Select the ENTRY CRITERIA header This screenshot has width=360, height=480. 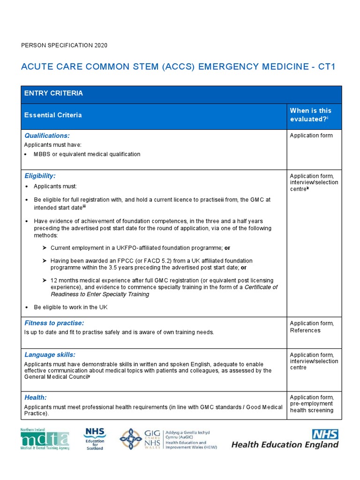[53, 93]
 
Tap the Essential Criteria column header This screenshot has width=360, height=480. [53, 115]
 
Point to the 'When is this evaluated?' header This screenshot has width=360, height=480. [310, 115]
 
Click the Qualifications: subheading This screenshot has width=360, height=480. [47, 135]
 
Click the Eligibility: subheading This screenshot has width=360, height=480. [40, 176]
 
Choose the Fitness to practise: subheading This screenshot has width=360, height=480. [54, 323]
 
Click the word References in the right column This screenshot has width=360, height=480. [305, 330]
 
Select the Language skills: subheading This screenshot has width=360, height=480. [50, 355]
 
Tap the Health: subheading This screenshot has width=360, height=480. [36, 397]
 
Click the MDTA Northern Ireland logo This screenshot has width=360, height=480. [45, 439]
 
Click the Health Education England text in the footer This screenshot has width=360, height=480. [285, 444]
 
